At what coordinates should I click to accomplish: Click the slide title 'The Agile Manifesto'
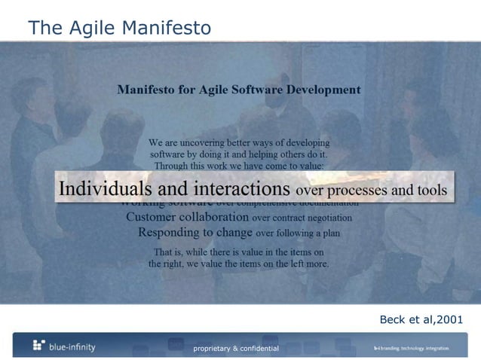tap(119, 28)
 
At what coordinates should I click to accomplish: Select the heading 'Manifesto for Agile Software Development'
tap(238, 90)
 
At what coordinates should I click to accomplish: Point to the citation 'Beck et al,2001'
tap(421, 320)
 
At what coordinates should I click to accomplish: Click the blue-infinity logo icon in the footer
tap(39, 346)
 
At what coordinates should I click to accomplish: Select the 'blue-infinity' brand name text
tap(72, 346)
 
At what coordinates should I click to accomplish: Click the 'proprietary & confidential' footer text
tap(236, 348)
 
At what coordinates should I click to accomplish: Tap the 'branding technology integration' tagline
tap(415, 348)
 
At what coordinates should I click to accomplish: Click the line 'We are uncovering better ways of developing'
tap(239, 142)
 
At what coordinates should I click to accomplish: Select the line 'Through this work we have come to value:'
tap(239, 165)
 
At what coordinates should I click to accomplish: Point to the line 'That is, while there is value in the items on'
tap(239, 252)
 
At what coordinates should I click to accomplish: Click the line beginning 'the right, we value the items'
tap(239, 264)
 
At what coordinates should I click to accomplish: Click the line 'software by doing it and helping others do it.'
tap(239, 154)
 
